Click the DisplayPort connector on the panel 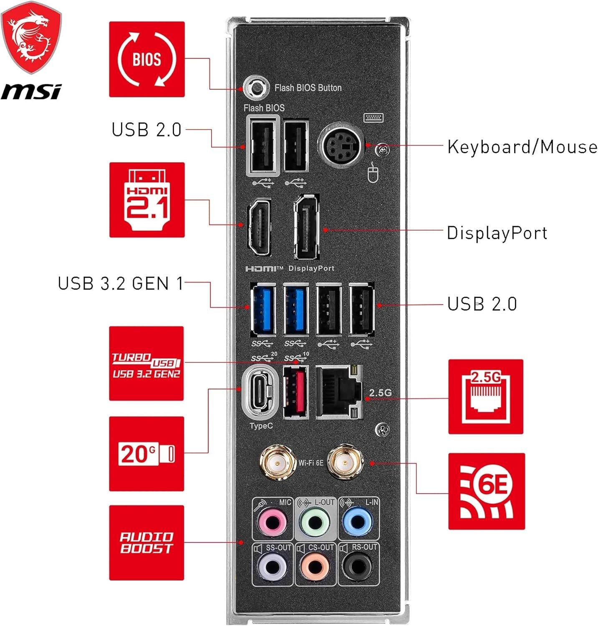click(x=307, y=227)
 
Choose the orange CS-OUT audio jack click(x=315, y=567)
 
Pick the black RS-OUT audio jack click(x=357, y=567)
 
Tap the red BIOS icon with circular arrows click(x=147, y=59)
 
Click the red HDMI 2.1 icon click(x=147, y=200)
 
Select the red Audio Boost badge click(x=146, y=543)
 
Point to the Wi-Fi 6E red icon click(x=486, y=491)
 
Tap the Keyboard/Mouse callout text click(x=522, y=147)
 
